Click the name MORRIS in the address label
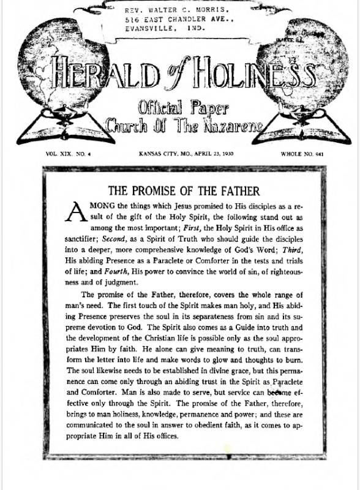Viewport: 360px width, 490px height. coord(212,10)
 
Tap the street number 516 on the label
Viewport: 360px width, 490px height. coord(133,20)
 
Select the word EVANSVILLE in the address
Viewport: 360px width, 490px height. coord(148,28)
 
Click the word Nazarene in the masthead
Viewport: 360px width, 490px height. coord(232,127)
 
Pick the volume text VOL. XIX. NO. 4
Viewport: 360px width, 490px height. coord(69,154)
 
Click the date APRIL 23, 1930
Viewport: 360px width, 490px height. coord(208,154)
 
